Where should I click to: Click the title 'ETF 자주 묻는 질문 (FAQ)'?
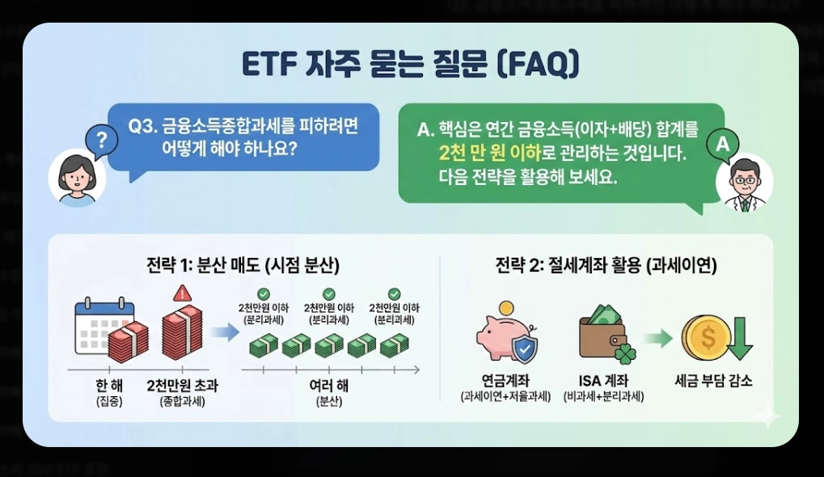pyautogui.click(x=411, y=65)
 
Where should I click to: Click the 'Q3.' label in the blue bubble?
pyautogui.click(x=145, y=128)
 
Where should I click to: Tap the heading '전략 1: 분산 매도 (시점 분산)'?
pyautogui.click(x=243, y=266)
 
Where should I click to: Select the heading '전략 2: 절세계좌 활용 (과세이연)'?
pyautogui.click(x=606, y=266)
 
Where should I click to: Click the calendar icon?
pyautogui.click(x=99, y=327)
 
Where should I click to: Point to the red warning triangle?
pyautogui.click(x=182, y=293)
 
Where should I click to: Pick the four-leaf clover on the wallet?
pyautogui.click(x=625, y=352)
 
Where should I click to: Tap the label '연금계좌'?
pyautogui.click(x=505, y=381)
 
